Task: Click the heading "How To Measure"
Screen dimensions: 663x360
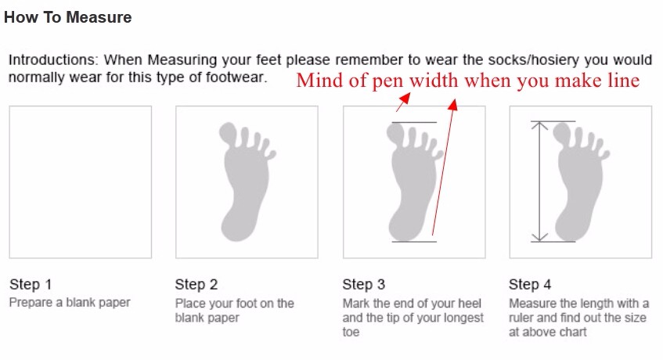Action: (x=67, y=17)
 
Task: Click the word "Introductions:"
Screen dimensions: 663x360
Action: (x=53, y=59)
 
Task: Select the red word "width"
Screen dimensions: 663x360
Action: (x=434, y=81)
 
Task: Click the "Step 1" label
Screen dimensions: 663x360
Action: (x=31, y=284)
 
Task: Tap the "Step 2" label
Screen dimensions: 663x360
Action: (x=196, y=284)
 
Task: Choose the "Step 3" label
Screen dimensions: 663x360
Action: (x=364, y=284)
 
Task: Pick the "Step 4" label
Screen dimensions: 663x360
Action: (x=530, y=284)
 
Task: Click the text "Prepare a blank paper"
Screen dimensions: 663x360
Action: (x=70, y=303)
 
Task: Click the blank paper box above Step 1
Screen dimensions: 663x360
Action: (x=81, y=182)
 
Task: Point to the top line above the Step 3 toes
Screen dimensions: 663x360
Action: (x=414, y=123)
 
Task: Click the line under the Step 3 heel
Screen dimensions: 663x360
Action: (x=414, y=242)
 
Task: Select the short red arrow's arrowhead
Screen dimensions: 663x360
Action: (x=405, y=99)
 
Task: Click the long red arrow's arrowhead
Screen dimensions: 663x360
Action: (x=453, y=104)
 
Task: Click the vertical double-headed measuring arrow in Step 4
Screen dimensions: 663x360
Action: (x=539, y=182)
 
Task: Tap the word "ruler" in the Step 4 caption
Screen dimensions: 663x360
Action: (x=523, y=318)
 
